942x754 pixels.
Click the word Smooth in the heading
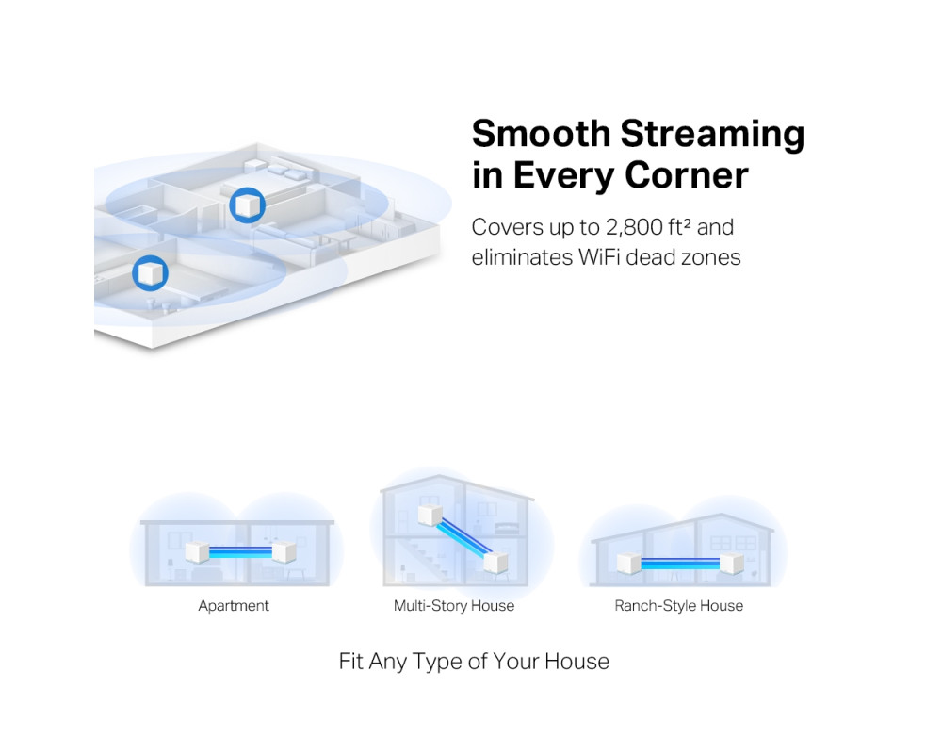pyautogui.click(x=541, y=133)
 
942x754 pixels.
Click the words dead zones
pyautogui.click(x=683, y=257)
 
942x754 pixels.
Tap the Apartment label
pyautogui.click(x=234, y=606)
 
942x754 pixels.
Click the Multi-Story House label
pyautogui.click(x=454, y=605)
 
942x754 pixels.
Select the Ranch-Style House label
pyautogui.click(x=679, y=605)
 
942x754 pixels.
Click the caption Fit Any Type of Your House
pyautogui.click(x=474, y=662)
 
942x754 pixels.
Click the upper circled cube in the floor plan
pyautogui.click(x=248, y=205)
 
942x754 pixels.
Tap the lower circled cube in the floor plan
pyautogui.click(x=150, y=273)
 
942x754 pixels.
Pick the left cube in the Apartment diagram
pyautogui.click(x=197, y=552)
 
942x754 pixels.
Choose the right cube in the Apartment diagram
pyautogui.click(x=284, y=552)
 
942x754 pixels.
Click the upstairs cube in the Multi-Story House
pyautogui.click(x=430, y=516)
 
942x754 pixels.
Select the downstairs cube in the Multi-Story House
pyautogui.click(x=495, y=562)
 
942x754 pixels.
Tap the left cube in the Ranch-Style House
pyautogui.click(x=629, y=564)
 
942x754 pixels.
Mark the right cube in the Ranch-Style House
pyautogui.click(x=732, y=564)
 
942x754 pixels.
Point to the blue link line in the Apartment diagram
pyautogui.click(x=240, y=552)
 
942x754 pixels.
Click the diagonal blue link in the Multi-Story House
pyautogui.click(x=463, y=538)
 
